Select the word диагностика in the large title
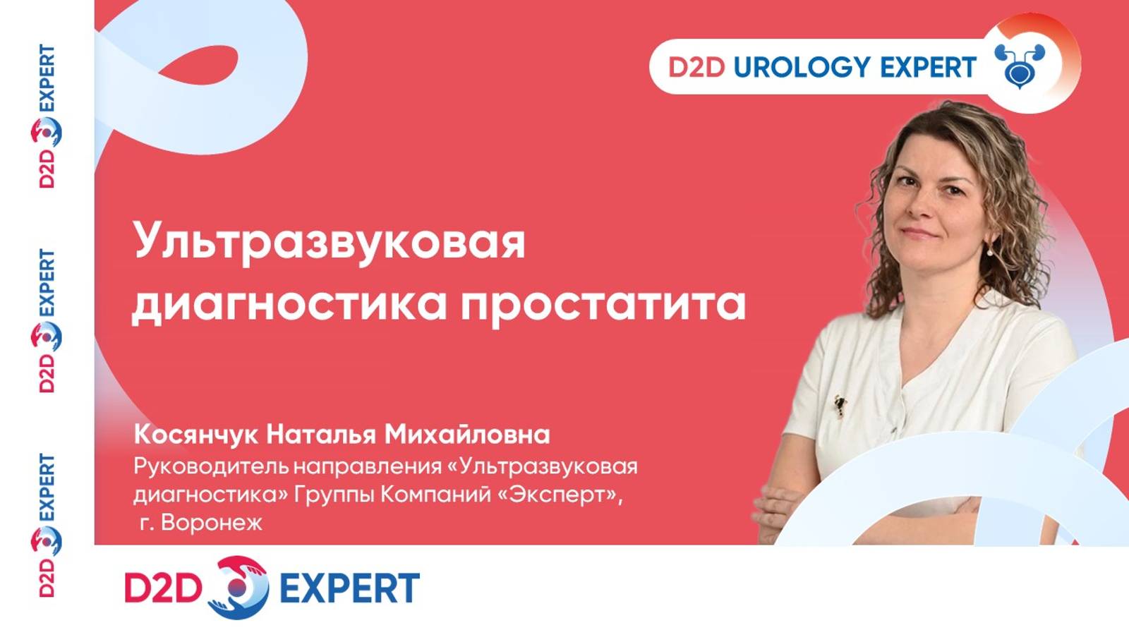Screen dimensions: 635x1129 point(289,304)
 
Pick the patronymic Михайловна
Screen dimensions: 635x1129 point(466,435)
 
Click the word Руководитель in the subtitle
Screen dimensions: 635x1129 point(211,466)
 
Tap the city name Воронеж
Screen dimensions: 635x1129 point(211,523)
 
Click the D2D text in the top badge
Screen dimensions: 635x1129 point(696,68)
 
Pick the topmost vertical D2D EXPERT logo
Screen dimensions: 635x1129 point(47,116)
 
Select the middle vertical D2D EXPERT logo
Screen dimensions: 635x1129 point(47,321)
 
